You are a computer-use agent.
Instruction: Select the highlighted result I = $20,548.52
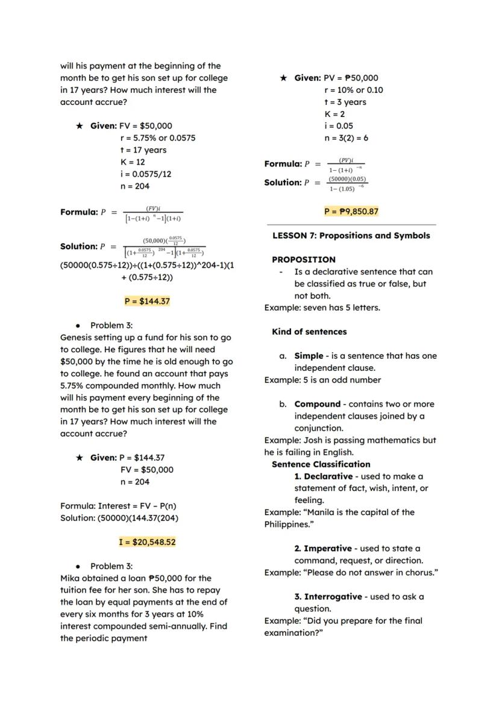[x=147, y=542]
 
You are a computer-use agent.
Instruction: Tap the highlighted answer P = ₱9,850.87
[x=351, y=211]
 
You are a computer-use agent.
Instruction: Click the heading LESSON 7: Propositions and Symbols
[x=351, y=235]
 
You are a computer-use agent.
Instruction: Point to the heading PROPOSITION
[x=304, y=259]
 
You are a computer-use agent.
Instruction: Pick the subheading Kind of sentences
[x=309, y=332]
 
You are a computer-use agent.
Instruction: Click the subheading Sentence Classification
[x=321, y=464]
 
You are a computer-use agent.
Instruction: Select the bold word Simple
[x=309, y=356]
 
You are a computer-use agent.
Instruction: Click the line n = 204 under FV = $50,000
[x=135, y=482]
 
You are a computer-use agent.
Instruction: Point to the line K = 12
[x=133, y=162]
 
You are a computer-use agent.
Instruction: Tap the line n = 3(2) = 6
[x=346, y=138]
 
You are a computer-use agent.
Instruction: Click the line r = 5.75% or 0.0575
[x=158, y=138]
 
